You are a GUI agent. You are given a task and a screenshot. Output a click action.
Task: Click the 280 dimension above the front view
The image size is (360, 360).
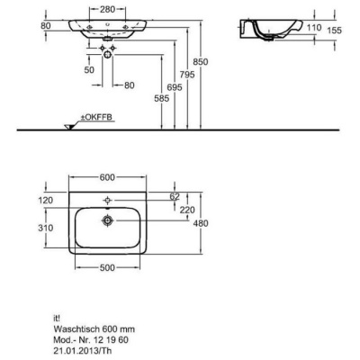click(x=107, y=9)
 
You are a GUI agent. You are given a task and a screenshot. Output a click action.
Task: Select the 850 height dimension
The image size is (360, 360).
click(x=200, y=62)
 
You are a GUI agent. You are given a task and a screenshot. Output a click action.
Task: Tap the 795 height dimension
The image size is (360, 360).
click(x=187, y=75)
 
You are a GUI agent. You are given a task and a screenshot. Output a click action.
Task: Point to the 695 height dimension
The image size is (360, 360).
click(x=175, y=87)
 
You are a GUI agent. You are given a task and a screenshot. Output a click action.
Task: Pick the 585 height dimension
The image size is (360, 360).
click(x=162, y=98)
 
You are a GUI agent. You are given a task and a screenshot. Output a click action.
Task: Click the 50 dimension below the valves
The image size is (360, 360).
click(x=89, y=70)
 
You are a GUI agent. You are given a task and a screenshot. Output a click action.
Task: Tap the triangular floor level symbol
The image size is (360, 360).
click(x=69, y=127)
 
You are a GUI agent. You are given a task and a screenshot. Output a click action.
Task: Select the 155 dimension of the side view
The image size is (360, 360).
click(x=334, y=31)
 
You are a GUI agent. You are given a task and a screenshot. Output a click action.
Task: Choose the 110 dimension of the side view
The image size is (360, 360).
click(x=314, y=28)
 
